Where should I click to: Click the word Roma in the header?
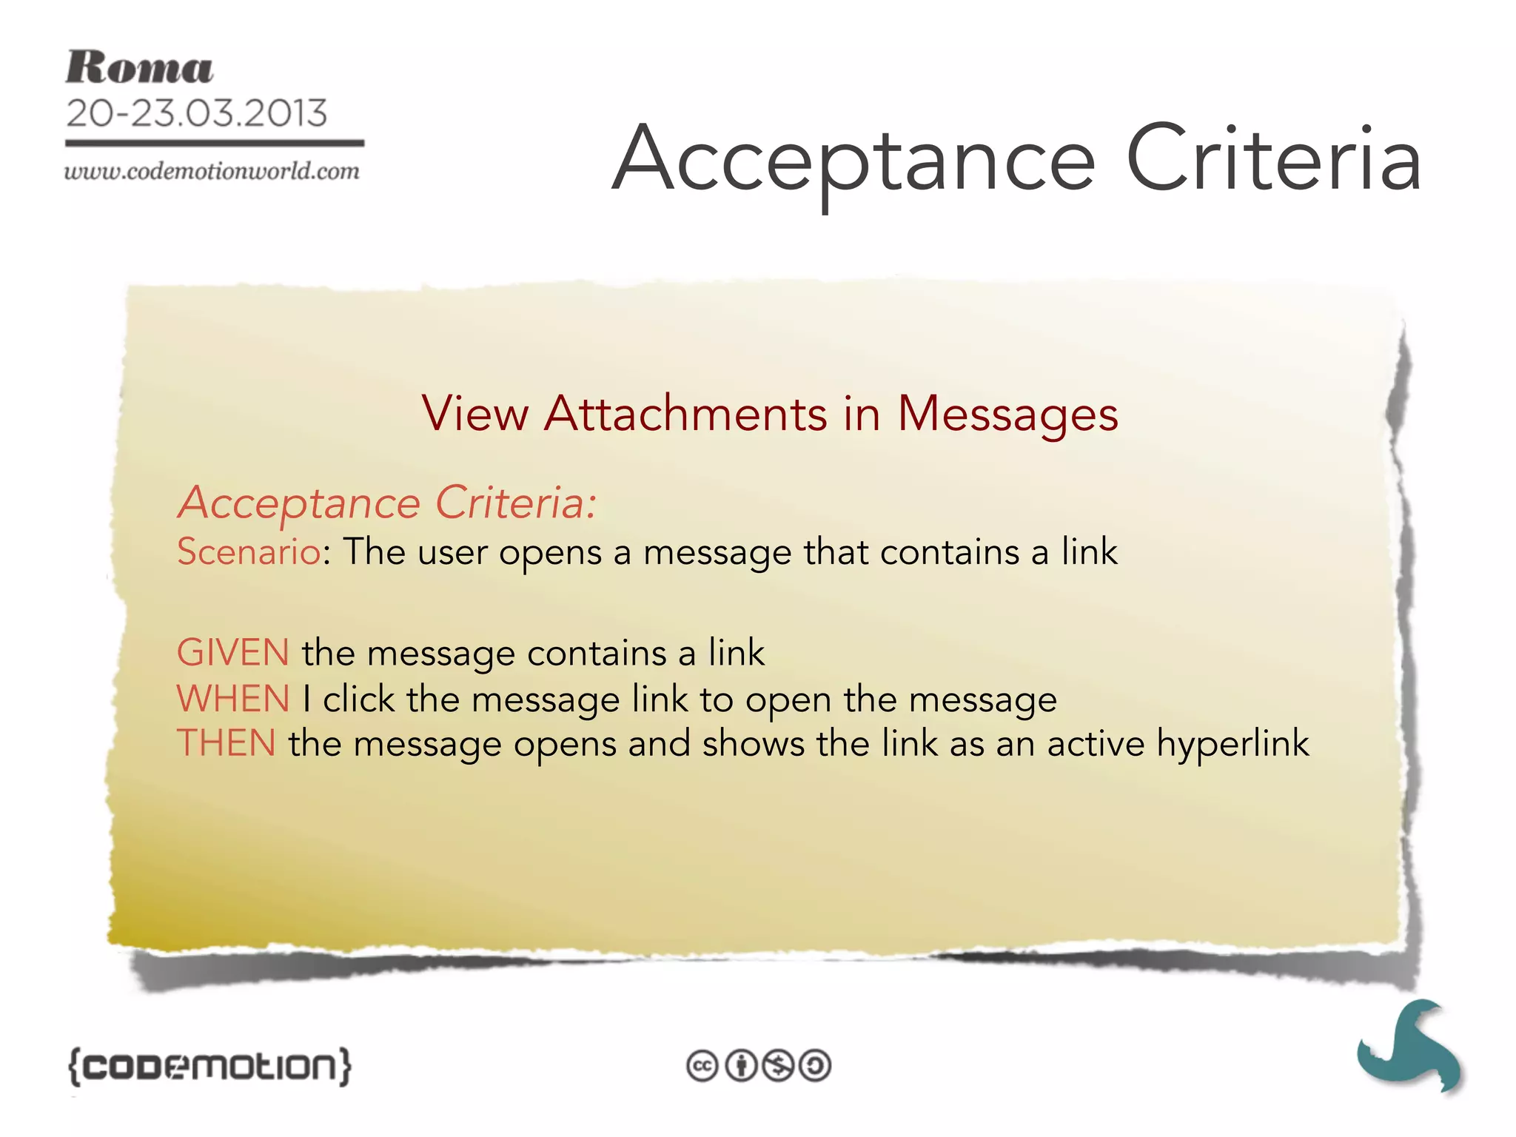(x=139, y=68)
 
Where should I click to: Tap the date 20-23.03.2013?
(x=196, y=113)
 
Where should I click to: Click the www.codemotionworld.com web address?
(x=212, y=172)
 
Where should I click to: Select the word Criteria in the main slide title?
(x=1272, y=160)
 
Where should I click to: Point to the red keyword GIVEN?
(x=233, y=653)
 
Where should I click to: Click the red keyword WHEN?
(x=233, y=699)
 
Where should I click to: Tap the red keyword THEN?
(x=227, y=743)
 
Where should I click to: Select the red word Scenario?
(x=249, y=552)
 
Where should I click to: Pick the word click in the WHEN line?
(x=359, y=699)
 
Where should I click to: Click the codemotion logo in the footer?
(x=209, y=1066)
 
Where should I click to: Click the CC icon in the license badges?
(x=702, y=1066)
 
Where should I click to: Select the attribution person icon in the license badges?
(x=740, y=1066)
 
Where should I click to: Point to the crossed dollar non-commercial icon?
(x=778, y=1066)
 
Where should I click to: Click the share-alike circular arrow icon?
(x=816, y=1066)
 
